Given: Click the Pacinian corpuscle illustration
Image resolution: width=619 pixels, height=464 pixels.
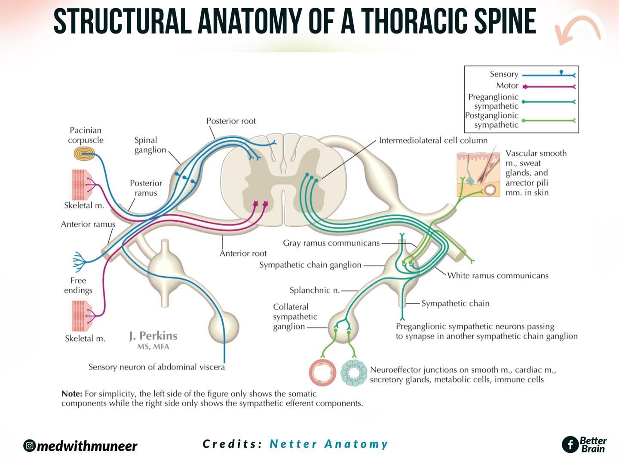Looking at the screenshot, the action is [84, 154].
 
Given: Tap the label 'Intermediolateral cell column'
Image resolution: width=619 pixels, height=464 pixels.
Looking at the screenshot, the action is [433, 140].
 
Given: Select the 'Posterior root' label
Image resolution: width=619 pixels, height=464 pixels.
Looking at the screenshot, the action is [231, 121].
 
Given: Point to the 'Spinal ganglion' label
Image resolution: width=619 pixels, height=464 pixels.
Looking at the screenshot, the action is [150, 145].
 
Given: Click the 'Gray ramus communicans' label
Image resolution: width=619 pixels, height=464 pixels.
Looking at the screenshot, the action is [331, 243].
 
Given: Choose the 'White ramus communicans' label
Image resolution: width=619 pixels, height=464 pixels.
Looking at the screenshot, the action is [498, 275].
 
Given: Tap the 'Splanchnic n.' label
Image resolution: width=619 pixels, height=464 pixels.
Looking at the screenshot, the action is [315, 290].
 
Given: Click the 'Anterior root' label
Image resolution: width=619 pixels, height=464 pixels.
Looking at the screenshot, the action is [243, 253].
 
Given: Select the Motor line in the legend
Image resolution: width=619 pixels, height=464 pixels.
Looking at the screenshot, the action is [549, 87].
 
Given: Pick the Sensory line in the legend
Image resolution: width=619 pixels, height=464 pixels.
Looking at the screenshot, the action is [549, 75].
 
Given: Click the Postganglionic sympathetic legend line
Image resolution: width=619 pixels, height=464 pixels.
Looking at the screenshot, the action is [549, 121].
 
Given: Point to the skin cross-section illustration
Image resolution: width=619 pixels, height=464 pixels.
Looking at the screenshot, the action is [478, 174].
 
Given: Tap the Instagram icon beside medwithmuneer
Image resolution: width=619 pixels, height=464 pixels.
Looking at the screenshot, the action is [29, 446].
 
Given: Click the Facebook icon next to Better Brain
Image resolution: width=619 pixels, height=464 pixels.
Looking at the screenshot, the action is [570, 445].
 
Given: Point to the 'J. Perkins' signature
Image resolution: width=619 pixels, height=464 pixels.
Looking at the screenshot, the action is [153, 336].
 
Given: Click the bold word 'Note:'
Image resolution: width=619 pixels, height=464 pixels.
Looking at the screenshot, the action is [72, 394].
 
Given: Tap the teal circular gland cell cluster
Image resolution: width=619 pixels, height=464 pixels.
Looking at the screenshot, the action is [354, 373].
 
